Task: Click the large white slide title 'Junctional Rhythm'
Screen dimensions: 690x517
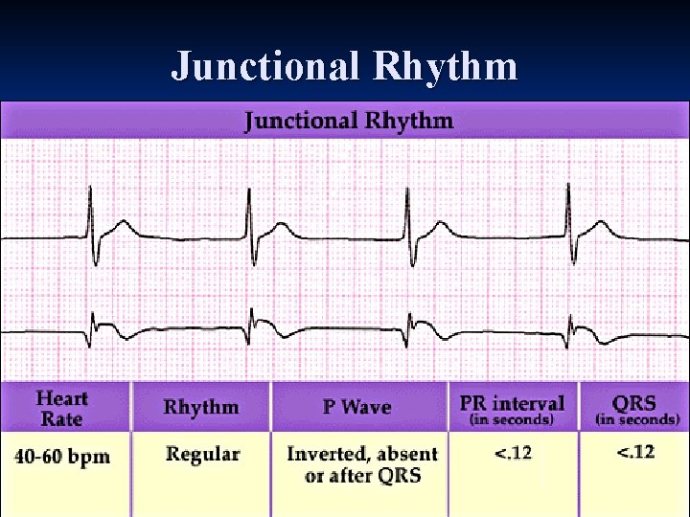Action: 345,67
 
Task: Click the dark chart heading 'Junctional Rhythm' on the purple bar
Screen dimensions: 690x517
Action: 349,121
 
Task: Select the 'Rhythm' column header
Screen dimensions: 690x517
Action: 201,407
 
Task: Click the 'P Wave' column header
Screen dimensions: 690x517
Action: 358,407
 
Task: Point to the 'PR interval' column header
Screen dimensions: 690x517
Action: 512,402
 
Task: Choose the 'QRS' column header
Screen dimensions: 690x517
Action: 636,402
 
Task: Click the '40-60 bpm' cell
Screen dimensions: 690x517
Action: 62,456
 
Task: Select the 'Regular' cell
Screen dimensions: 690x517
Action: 202,454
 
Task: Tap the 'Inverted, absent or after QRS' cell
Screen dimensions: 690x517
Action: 361,464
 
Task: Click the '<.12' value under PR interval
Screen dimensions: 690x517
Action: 513,453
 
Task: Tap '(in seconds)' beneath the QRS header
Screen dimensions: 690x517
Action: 637,419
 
